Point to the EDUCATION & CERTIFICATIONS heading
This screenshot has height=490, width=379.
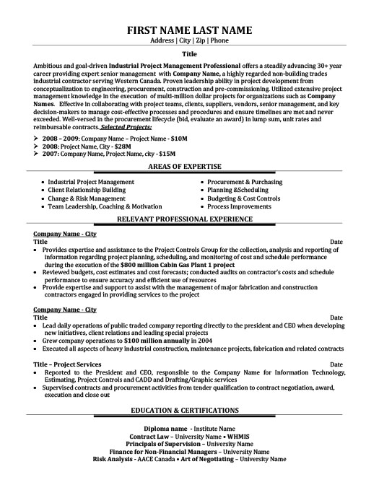point(189,430)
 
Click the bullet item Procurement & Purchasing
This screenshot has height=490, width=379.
point(244,182)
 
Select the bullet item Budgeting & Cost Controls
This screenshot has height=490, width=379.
point(243,198)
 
